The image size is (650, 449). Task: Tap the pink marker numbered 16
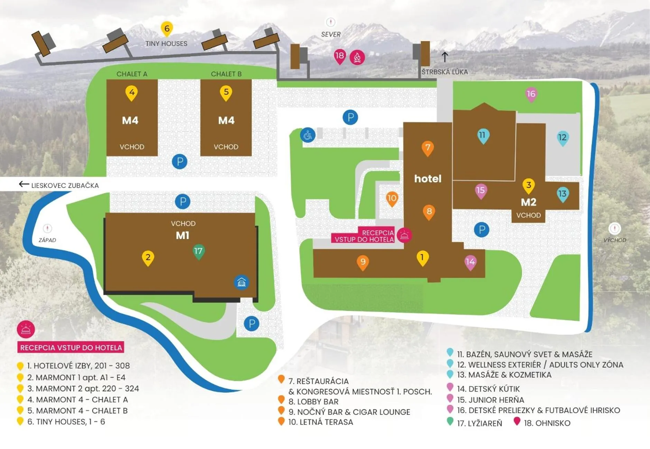531,94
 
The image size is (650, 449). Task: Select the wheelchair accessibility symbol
307,135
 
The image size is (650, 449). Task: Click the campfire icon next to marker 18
357,57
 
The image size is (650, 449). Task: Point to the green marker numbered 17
198,251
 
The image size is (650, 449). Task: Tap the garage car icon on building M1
241,283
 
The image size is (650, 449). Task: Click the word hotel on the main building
428,179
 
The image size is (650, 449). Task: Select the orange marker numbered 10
392,199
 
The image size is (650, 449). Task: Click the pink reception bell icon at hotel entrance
404,236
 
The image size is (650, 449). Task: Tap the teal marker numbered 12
562,138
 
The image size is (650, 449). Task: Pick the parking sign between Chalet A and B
180,161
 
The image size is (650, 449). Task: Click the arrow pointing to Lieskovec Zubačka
24,184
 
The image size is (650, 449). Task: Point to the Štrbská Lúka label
444,72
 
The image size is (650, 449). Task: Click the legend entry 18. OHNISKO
547,423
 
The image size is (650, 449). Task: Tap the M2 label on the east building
528,202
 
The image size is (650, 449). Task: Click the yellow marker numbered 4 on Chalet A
131,93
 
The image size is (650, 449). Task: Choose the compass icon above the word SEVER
331,22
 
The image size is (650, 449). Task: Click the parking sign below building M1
251,324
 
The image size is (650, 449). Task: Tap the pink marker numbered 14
470,262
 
